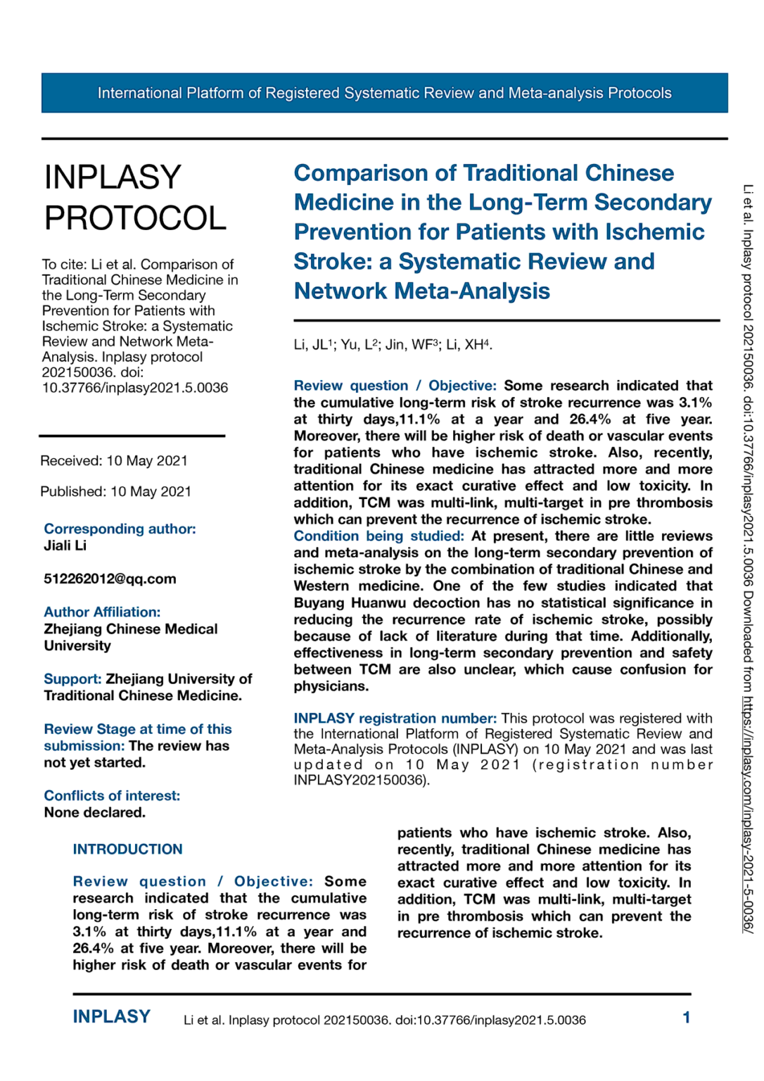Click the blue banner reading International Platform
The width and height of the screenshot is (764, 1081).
click(x=384, y=93)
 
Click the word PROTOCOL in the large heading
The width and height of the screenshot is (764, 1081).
click(x=135, y=218)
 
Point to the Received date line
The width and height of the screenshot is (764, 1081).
click(x=114, y=461)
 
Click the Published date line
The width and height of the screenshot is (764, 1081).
click(x=115, y=492)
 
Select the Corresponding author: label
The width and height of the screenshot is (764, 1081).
click(x=120, y=529)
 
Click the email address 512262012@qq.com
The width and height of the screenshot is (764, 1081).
click(x=110, y=579)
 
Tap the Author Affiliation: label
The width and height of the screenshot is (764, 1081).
click(x=102, y=612)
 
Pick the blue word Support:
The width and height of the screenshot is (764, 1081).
click(x=72, y=679)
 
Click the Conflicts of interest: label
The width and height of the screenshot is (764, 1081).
click(x=112, y=796)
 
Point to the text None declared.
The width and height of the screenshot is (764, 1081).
click(x=94, y=813)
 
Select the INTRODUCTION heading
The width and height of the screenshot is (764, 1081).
click(x=127, y=849)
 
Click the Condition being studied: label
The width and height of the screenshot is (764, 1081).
click(x=378, y=536)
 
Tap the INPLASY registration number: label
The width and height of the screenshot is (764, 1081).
click(x=395, y=719)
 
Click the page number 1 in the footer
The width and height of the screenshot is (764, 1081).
click(x=686, y=1018)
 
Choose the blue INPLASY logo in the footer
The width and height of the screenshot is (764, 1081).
click(x=111, y=1017)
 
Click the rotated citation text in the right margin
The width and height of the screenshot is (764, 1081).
click(x=747, y=556)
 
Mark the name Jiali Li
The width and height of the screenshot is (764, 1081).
click(x=65, y=545)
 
